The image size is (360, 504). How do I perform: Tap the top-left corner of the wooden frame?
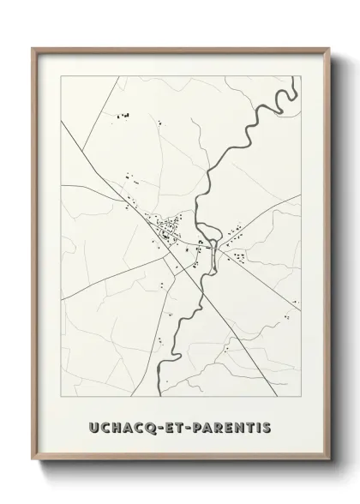(35, 49)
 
